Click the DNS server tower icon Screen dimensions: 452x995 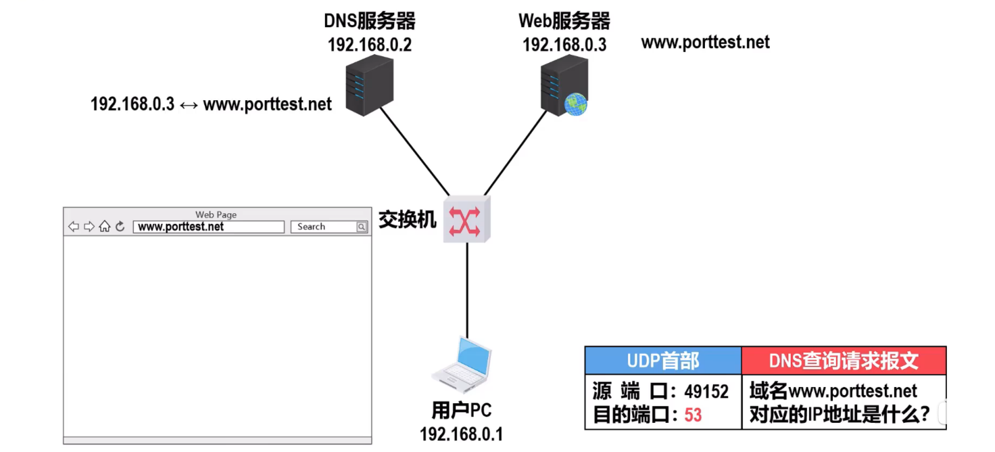tap(369, 86)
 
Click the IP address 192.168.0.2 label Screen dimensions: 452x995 tap(370, 45)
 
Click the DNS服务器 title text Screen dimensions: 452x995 tap(370, 22)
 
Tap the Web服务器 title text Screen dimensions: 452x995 tap(564, 22)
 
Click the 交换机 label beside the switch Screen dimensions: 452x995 tap(408, 219)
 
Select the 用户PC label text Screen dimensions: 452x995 tap(462, 411)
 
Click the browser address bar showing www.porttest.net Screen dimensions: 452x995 tap(208, 227)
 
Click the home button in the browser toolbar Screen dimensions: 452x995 tap(104, 227)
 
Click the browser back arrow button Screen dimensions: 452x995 tap(74, 227)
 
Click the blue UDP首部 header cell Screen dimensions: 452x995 tap(662, 361)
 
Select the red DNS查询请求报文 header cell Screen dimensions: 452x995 tap(844, 361)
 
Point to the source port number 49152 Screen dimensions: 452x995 tap(706, 392)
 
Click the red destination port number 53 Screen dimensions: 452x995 tap(693, 415)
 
